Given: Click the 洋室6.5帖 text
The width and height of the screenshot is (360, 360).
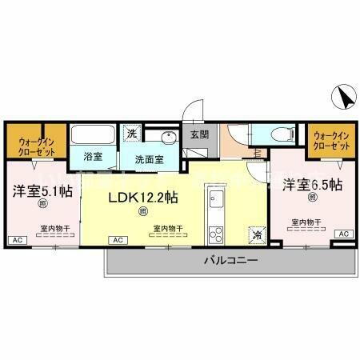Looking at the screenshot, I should [312, 184].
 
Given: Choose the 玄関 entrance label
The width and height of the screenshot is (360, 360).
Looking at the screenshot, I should [198, 135].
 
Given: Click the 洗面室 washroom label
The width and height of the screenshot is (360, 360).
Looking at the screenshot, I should [149, 158].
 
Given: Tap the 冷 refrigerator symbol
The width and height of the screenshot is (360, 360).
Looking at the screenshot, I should [255, 235].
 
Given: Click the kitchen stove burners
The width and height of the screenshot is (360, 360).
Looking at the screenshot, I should [214, 234].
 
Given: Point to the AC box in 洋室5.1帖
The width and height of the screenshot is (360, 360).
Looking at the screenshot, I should [16, 239].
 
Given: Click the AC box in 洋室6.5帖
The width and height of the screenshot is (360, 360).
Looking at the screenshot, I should [343, 233].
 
